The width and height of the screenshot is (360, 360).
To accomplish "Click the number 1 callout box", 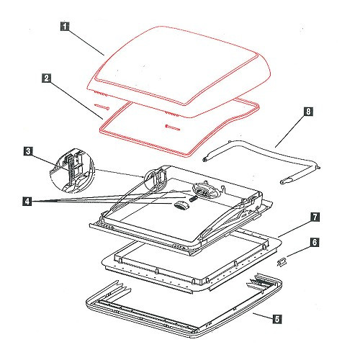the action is [65, 27].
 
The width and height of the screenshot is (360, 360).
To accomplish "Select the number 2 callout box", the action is [46, 78].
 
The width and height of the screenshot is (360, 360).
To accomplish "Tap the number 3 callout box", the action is [28, 151].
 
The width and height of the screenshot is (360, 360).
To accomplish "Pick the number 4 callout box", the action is [27, 201].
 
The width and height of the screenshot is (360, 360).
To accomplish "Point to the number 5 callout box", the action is [277, 319].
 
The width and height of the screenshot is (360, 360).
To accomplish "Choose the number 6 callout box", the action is [315, 242].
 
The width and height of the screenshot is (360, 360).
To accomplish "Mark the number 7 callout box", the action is [315, 217].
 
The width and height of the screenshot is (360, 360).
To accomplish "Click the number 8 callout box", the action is [308, 112].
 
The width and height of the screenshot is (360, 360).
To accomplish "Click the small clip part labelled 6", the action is [282, 261].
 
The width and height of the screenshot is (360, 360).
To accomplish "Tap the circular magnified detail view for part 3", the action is [73, 171].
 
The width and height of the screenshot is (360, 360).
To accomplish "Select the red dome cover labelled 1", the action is [179, 72].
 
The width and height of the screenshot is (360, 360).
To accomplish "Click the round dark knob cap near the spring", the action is [181, 206].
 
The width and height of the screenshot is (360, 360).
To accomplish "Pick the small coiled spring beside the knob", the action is [193, 199].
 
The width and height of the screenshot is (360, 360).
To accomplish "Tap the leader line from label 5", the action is [263, 316].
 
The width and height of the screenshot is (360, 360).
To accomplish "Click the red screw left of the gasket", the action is [102, 107].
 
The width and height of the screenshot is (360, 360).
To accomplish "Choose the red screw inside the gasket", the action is [172, 127].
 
